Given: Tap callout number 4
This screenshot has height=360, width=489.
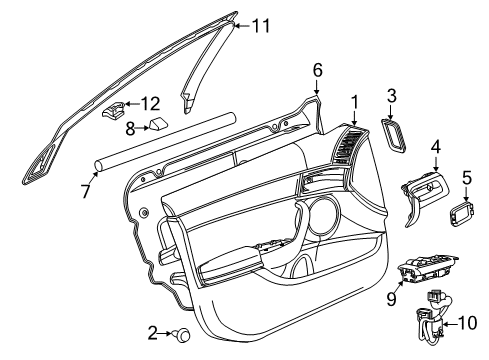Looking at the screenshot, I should click(x=435, y=149).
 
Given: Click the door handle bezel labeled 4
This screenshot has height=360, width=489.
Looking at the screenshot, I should click(x=425, y=192).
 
